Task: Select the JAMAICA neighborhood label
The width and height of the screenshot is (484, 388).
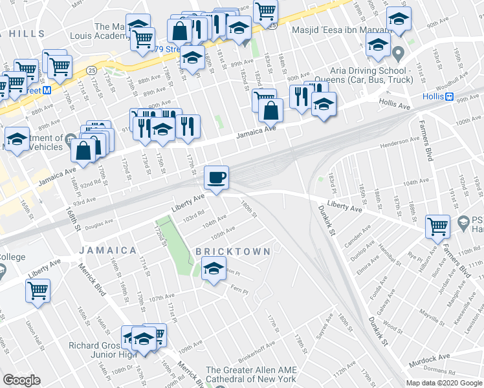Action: [108, 250]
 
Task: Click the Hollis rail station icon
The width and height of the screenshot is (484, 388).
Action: [448, 96]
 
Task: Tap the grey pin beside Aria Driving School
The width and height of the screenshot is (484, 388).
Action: [399, 52]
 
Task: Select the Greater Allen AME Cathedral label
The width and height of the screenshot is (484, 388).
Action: [250, 374]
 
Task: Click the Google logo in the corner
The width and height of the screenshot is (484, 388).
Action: [21, 380]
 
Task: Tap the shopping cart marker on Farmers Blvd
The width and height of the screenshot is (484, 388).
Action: [438, 227]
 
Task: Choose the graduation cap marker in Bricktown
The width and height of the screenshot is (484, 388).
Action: [213, 268]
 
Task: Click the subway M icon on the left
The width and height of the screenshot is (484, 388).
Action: [47, 91]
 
